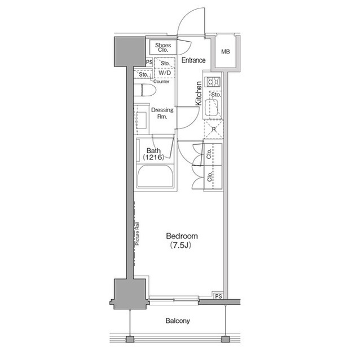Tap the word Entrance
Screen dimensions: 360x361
pos(193,60)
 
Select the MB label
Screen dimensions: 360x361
pos(226,52)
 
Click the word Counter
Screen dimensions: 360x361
pos(161,82)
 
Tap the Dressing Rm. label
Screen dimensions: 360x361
pos(162,114)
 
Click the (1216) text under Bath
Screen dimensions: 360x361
pos(154,158)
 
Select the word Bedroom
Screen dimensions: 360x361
pos(182,235)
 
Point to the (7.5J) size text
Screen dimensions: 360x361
pos(182,246)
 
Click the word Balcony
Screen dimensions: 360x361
pos(178,321)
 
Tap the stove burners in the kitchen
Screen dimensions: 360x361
pos(214,83)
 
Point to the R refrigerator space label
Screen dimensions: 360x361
pos(214,130)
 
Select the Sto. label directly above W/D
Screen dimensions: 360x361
pos(164,64)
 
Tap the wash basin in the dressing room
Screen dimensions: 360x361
pos(141,120)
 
